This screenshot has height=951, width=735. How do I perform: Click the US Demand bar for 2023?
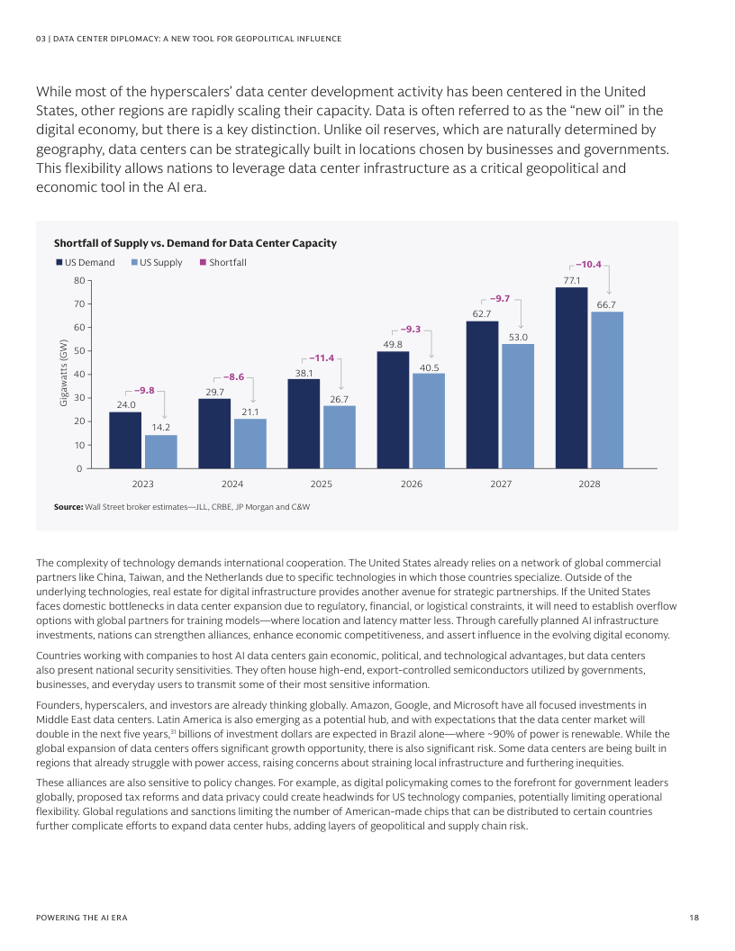point(125,440)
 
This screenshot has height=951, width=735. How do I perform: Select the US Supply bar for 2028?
point(607,390)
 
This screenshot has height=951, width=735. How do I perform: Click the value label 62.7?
point(482,313)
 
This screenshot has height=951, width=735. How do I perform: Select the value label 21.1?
point(250,412)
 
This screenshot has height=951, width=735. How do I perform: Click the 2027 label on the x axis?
point(501,485)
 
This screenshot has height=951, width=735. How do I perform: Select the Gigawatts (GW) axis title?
point(63,374)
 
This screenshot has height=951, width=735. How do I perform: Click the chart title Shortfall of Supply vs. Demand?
point(195,243)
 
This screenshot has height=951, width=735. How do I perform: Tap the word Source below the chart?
point(68,508)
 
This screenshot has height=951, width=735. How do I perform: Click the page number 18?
point(694,917)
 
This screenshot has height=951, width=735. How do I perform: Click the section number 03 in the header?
point(40,39)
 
